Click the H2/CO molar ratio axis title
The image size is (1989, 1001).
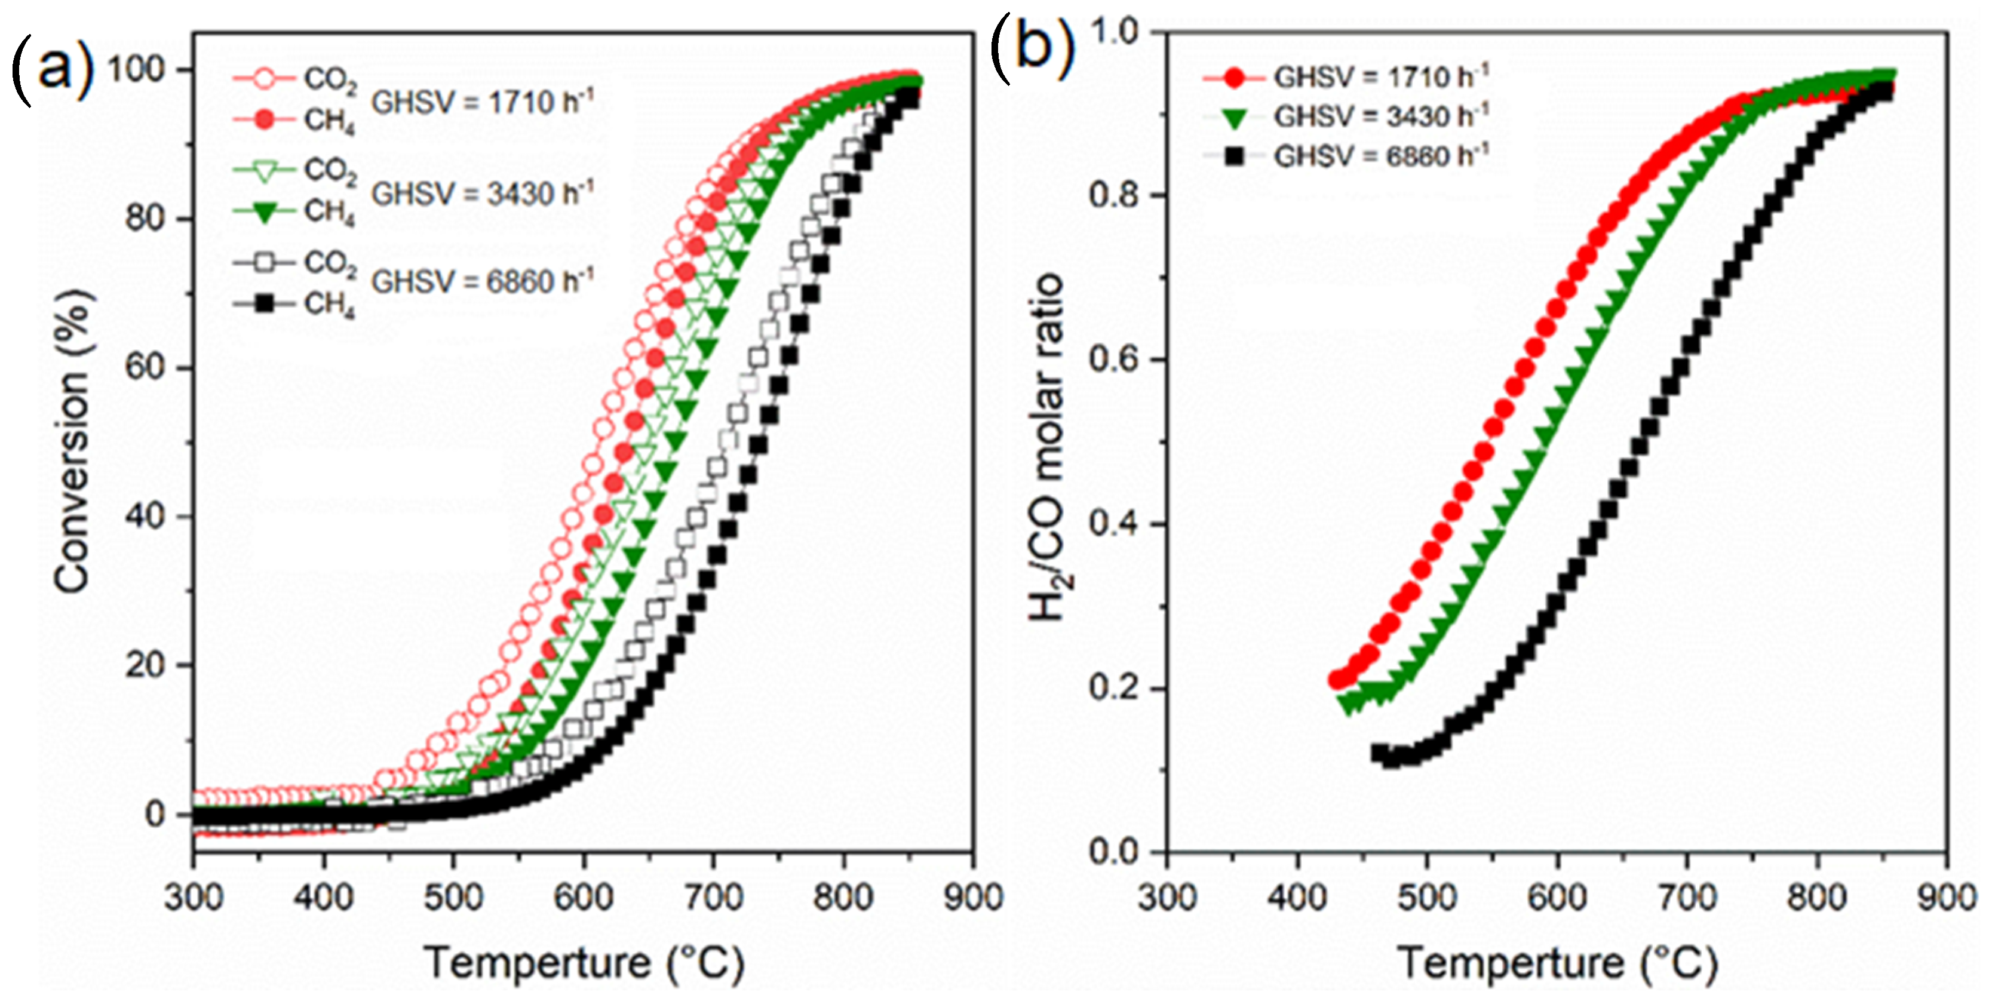[x=1047, y=447]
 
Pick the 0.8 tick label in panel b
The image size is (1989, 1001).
[x=1114, y=195]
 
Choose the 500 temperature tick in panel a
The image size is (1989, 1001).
[x=453, y=898]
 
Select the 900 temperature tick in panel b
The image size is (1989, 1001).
[x=1947, y=898]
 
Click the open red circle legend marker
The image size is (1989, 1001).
[x=264, y=78]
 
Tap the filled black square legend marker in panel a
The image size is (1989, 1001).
[x=264, y=303]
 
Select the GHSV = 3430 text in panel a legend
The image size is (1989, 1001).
[x=483, y=193]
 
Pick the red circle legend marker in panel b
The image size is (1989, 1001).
[x=1234, y=77]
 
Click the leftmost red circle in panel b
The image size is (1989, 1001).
[x=1337, y=680]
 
